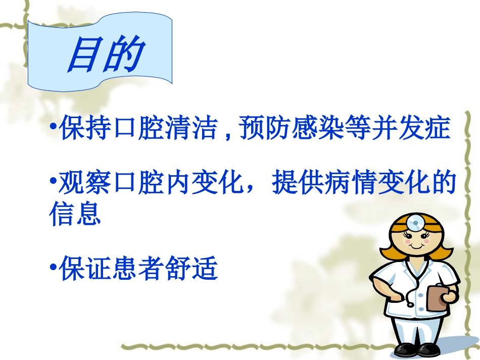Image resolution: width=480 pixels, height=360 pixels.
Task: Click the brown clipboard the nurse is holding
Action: (x=438, y=297)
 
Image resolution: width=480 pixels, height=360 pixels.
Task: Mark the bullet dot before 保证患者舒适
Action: (x=53, y=266)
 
